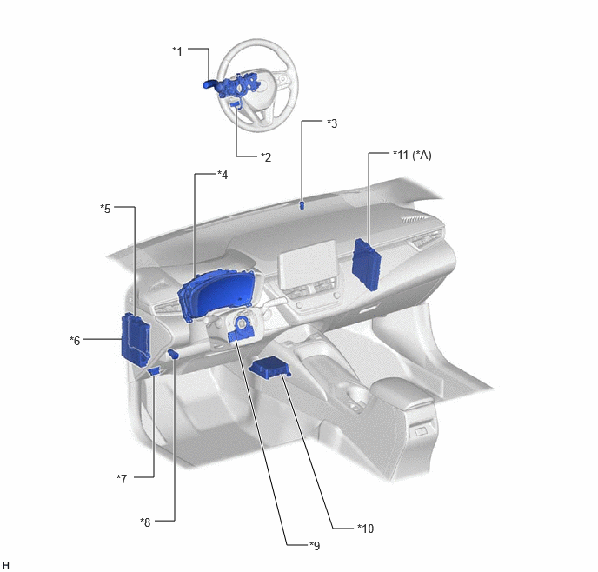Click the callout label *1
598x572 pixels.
pyautogui.click(x=177, y=51)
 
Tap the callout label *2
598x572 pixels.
pyautogui.click(x=266, y=157)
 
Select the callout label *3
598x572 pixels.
pyautogui.click(x=332, y=123)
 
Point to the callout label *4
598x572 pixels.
pyautogui.click(x=223, y=175)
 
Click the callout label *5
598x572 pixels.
pyautogui.click(x=105, y=209)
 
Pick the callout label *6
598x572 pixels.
pyautogui.click(x=75, y=341)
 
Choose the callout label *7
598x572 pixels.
pyautogui.click(x=122, y=479)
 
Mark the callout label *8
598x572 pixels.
pyautogui.click(x=145, y=522)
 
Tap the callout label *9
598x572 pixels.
pyautogui.click(x=315, y=546)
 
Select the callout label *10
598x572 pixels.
pyautogui.click(x=365, y=529)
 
